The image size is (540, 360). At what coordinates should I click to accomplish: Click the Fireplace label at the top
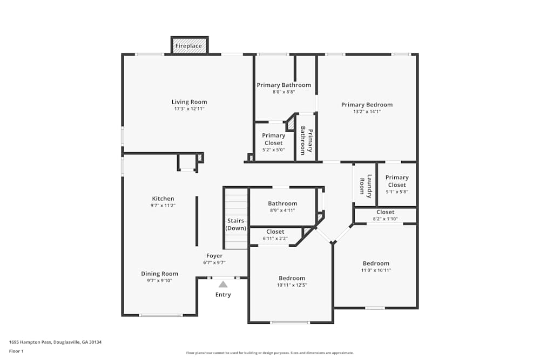(189, 46)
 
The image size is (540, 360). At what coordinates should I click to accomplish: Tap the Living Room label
(189, 102)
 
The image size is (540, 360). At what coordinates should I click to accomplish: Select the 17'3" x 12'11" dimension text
(189, 109)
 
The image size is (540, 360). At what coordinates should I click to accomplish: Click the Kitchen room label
(163, 199)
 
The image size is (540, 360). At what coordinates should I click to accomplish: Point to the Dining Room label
(159, 274)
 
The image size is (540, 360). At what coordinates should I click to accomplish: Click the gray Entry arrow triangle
(223, 284)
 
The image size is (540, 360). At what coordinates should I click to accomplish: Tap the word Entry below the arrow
(223, 295)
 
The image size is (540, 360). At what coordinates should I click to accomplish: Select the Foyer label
(214, 256)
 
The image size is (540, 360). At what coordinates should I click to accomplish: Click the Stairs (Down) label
(235, 225)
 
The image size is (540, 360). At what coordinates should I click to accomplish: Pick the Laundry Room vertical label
(366, 185)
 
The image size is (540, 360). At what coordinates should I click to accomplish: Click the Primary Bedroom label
(367, 105)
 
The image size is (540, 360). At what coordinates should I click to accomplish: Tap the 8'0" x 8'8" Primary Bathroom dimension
(283, 92)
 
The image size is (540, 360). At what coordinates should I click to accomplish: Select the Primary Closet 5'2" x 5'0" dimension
(273, 150)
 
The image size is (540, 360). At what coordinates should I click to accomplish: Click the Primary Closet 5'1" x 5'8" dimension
(397, 192)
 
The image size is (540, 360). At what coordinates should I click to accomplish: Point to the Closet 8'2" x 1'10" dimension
(385, 219)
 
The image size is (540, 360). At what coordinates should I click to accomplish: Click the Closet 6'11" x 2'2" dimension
(275, 238)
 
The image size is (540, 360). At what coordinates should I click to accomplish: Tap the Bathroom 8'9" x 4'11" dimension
(282, 210)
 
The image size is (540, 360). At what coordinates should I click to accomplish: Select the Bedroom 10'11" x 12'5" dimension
(292, 285)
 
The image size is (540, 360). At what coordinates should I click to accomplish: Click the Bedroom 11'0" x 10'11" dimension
(376, 270)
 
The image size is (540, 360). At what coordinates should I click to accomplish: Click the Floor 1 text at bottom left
(16, 351)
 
